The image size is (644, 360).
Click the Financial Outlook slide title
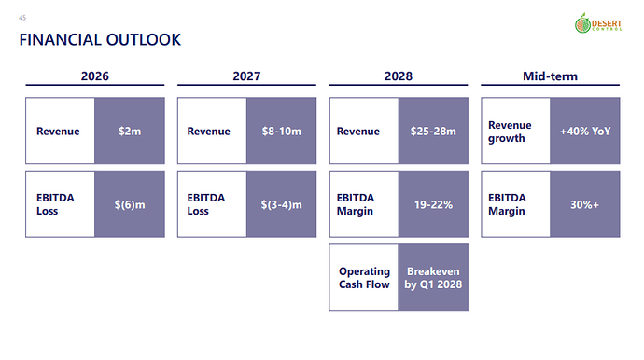click(x=100, y=40)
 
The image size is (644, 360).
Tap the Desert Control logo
click(x=598, y=23)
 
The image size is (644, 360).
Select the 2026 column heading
click(x=95, y=76)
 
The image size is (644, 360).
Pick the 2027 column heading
click(x=246, y=76)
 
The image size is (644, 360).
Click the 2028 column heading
click(x=399, y=76)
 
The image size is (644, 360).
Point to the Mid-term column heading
click(x=550, y=76)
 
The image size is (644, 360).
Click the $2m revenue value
click(x=130, y=131)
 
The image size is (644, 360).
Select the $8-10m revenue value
click(x=281, y=131)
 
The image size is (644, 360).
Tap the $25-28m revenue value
click(x=433, y=131)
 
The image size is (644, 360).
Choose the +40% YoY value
click(x=585, y=131)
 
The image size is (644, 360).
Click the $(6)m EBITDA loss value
click(x=130, y=204)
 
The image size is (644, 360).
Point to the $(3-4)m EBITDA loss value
click(x=281, y=204)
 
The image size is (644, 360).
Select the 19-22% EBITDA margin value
click(x=433, y=204)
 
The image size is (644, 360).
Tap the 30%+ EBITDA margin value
click(x=585, y=204)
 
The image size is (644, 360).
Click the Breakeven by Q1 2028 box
click(x=433, y=278)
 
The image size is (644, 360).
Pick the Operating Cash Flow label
click(x=364, y=278)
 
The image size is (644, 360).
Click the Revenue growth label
click(x=510, y=132)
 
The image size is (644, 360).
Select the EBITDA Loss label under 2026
click(x=55, y=204)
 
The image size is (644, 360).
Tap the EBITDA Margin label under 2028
click(x=356, y=204)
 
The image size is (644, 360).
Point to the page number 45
click(x=22, y=18)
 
